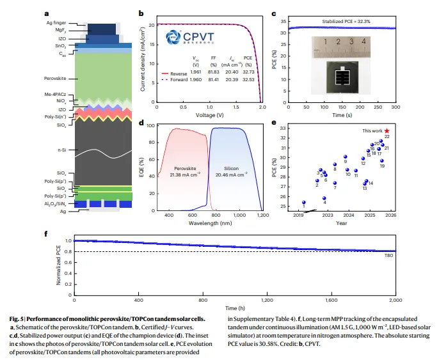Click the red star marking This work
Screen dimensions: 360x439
tap(387, 130)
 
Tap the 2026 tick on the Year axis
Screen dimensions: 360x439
tap(390, 217)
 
